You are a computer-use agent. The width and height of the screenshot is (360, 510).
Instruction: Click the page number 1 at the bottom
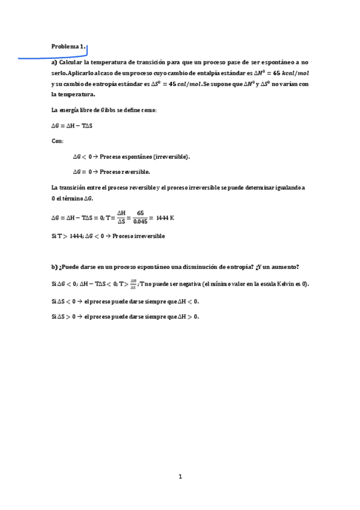(x=180, y=477)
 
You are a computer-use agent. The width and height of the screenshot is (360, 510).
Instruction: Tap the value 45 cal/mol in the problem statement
(x=180, y=84)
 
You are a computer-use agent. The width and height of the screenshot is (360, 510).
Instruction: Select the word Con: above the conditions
(x=58, y=141)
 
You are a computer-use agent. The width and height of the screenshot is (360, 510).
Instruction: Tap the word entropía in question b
(x=230, y=267)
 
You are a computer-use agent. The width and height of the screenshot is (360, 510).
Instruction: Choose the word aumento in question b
(x=282, y=267)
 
